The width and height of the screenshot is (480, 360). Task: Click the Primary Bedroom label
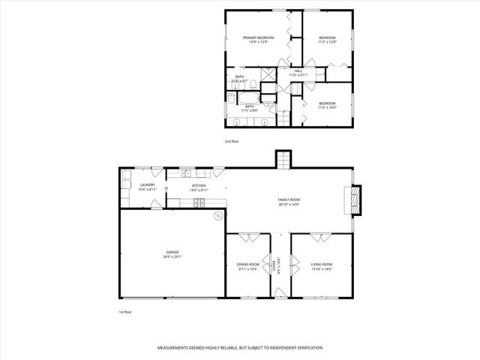point(258,40)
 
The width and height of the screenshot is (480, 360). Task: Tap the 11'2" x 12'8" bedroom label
point(327,40)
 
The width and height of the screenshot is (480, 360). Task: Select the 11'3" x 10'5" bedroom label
point(327,106)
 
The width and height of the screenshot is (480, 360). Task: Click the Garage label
point(172,254)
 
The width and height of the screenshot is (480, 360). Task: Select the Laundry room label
point(148,187)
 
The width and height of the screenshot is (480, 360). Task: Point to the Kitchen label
point(199,187)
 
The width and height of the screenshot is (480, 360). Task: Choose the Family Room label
point(289,200)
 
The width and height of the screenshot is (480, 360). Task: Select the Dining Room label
point(248,266)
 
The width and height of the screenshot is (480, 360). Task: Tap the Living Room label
point(322,266)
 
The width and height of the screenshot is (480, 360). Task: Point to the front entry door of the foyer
point(278,298)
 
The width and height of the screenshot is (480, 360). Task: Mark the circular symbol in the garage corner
point(218,217)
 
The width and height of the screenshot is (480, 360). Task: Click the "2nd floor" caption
point(232,141)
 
